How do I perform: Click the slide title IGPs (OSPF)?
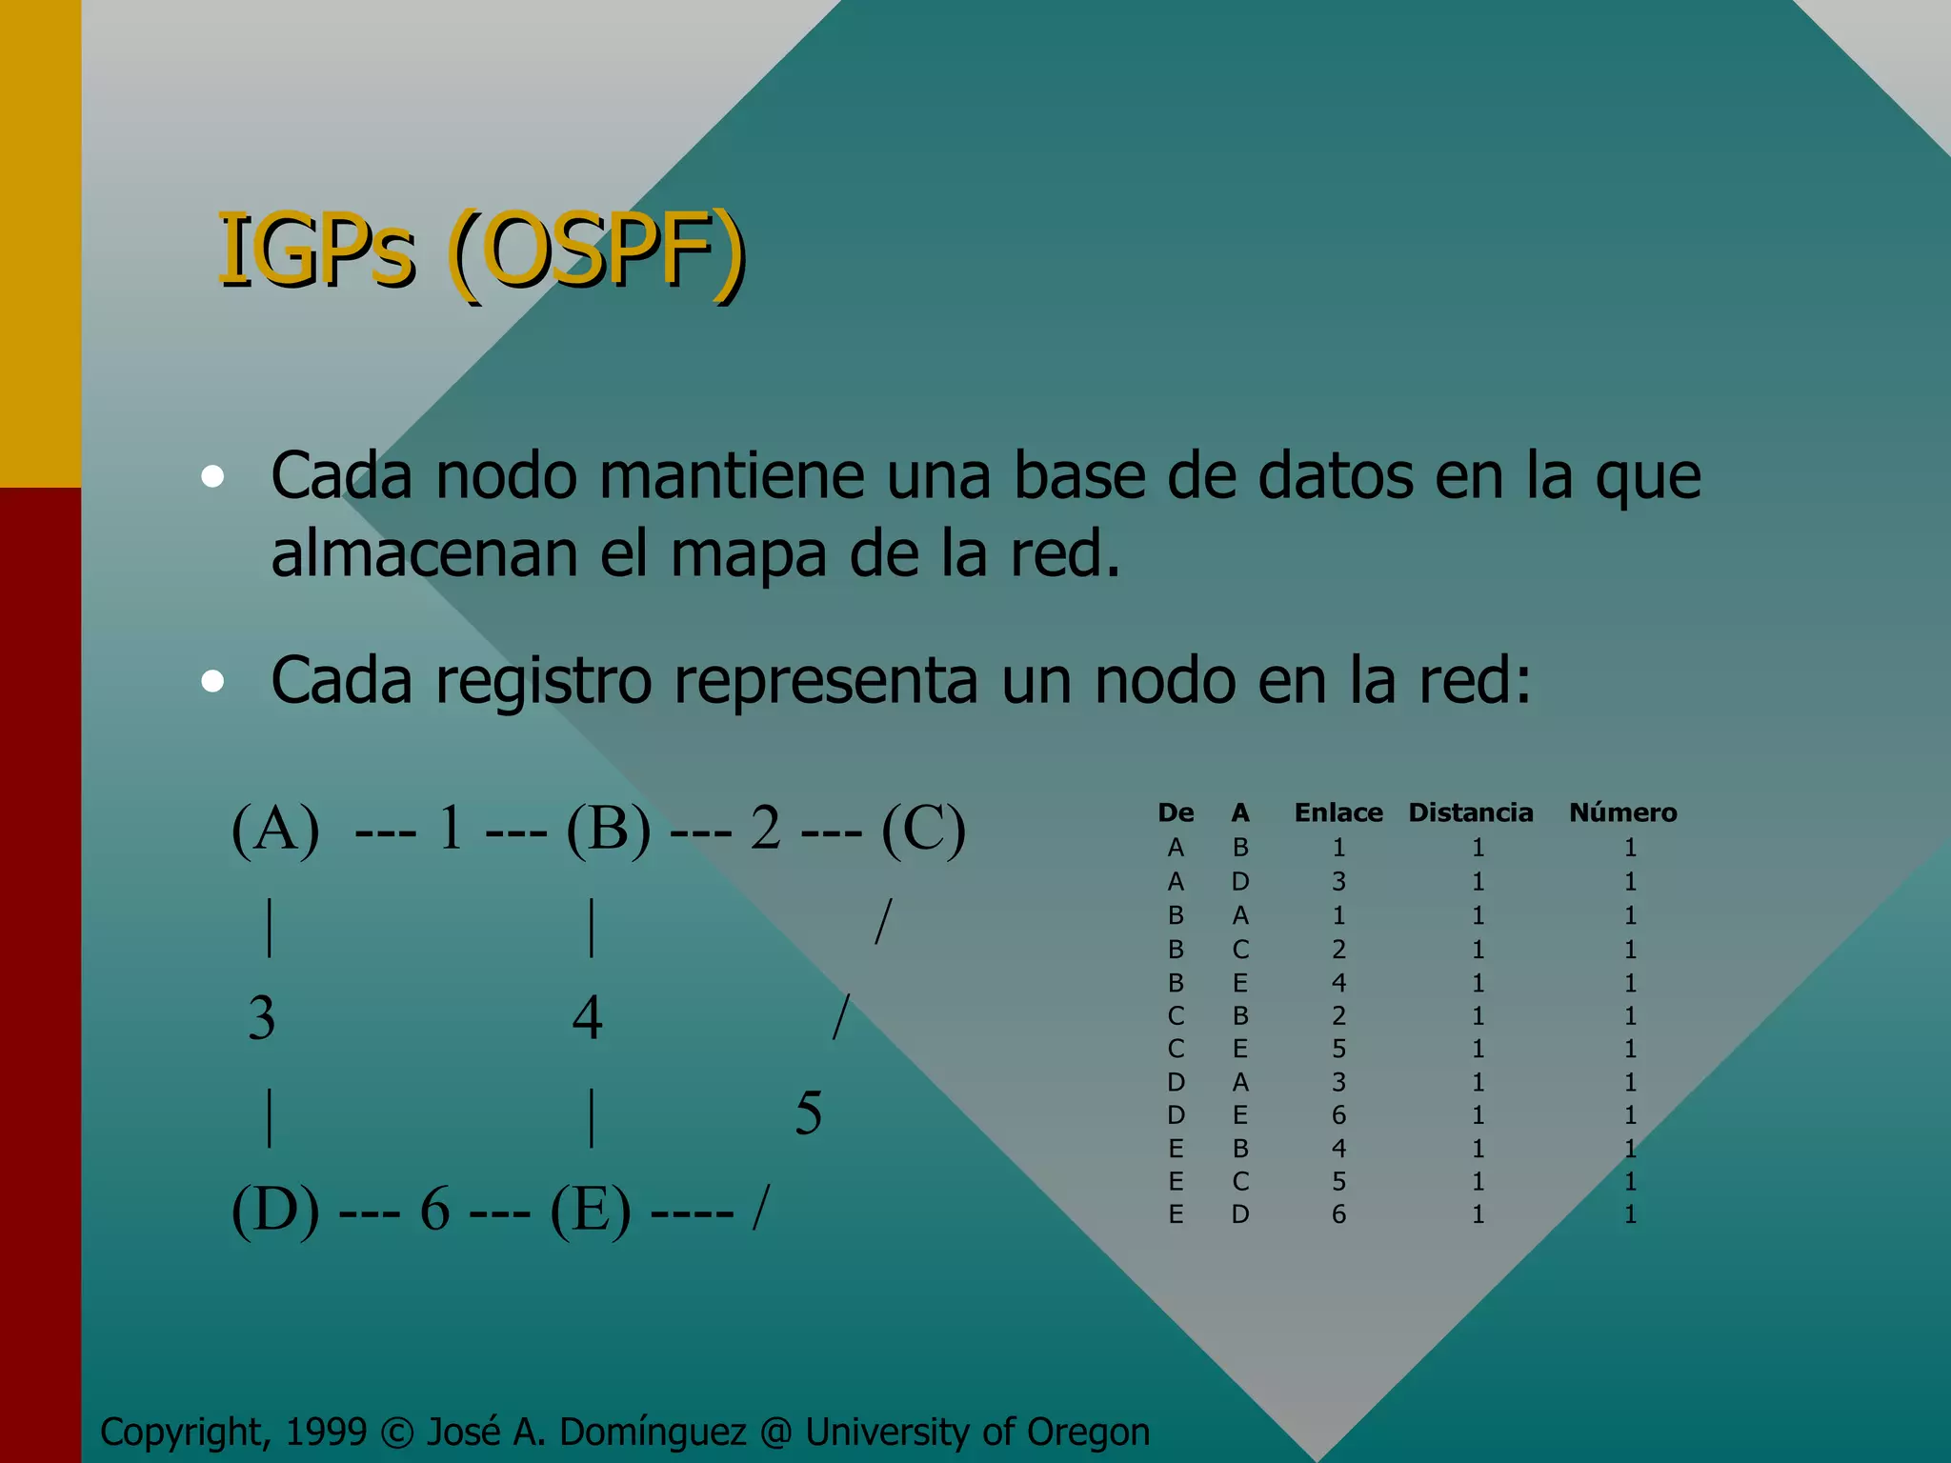coord(481,251)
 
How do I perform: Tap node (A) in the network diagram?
coord(275,829)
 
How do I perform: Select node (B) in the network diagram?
coord(609,829)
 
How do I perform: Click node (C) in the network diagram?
coord(923,829)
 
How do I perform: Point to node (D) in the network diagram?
coord(275,1210)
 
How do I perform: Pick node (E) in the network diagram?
coord(591,1210)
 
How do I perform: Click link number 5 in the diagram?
coord(808,1112)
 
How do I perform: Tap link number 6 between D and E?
coord(434,1210)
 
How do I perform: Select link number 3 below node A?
coord(262,1017)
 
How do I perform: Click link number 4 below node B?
coord(587,1017)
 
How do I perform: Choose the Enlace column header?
coord(1338,812)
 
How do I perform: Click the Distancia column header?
coord(1471,812)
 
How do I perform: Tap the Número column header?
coord(1623,812)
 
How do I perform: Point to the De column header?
coord(1176,812)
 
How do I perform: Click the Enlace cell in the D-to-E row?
coord(1338,1114)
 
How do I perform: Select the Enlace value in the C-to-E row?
coord(1338,1049)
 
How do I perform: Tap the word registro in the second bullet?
coord(543,681)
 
